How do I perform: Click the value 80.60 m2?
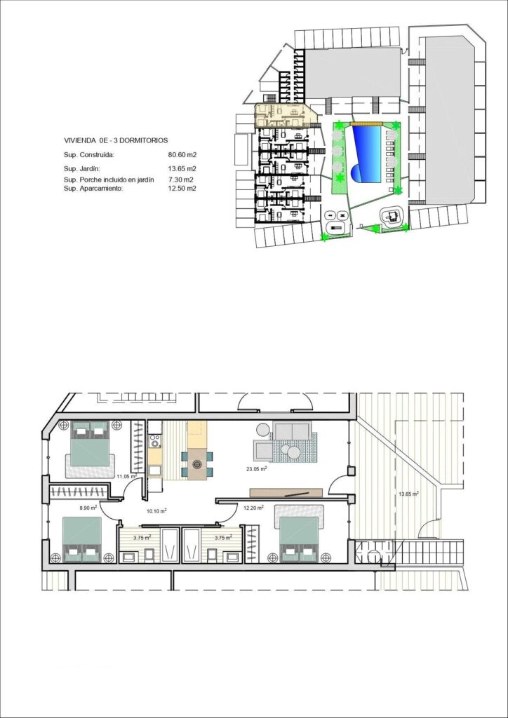click(182, 155)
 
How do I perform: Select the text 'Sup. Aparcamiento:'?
click(93, 189)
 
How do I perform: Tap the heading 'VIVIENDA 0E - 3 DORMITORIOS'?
click(116, 140)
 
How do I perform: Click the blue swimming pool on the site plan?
click(366, 152)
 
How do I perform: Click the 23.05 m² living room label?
click(255, 468)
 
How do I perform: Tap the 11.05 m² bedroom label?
click(126, 477)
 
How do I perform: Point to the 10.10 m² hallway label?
click(155, 511)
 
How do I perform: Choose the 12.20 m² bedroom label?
click(253, 508)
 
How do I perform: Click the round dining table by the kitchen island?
click(197, 463)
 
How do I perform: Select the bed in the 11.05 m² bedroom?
click(90, 443)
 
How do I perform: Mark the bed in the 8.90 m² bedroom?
click(83, 540)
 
